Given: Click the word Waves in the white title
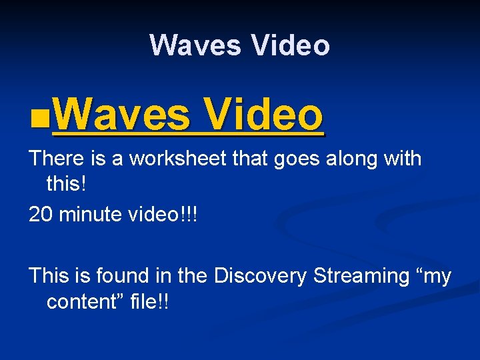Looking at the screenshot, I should point(195,45).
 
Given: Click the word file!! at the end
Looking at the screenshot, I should point(153,301).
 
